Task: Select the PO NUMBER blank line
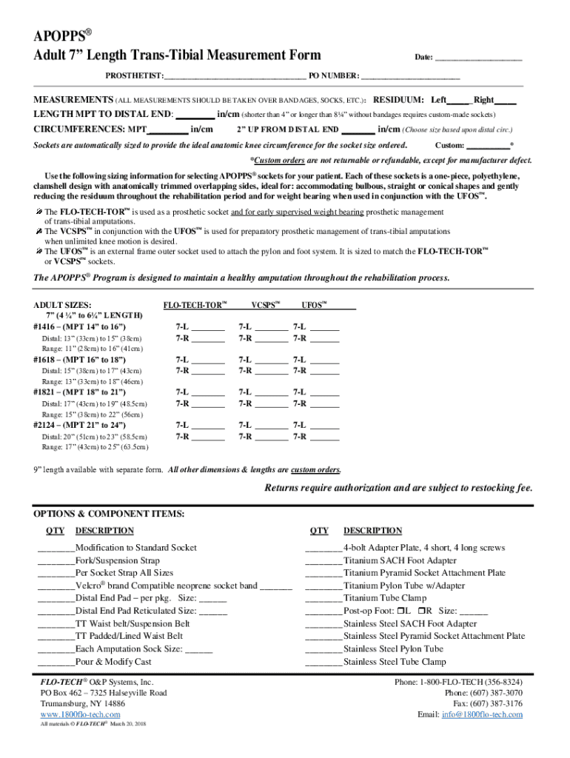point(410,77)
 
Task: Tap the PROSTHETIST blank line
point(235,77)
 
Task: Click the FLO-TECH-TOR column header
point(195,305)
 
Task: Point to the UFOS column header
point(316,305)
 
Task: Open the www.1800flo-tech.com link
point(80,714)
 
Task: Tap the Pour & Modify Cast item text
point(113,662)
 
